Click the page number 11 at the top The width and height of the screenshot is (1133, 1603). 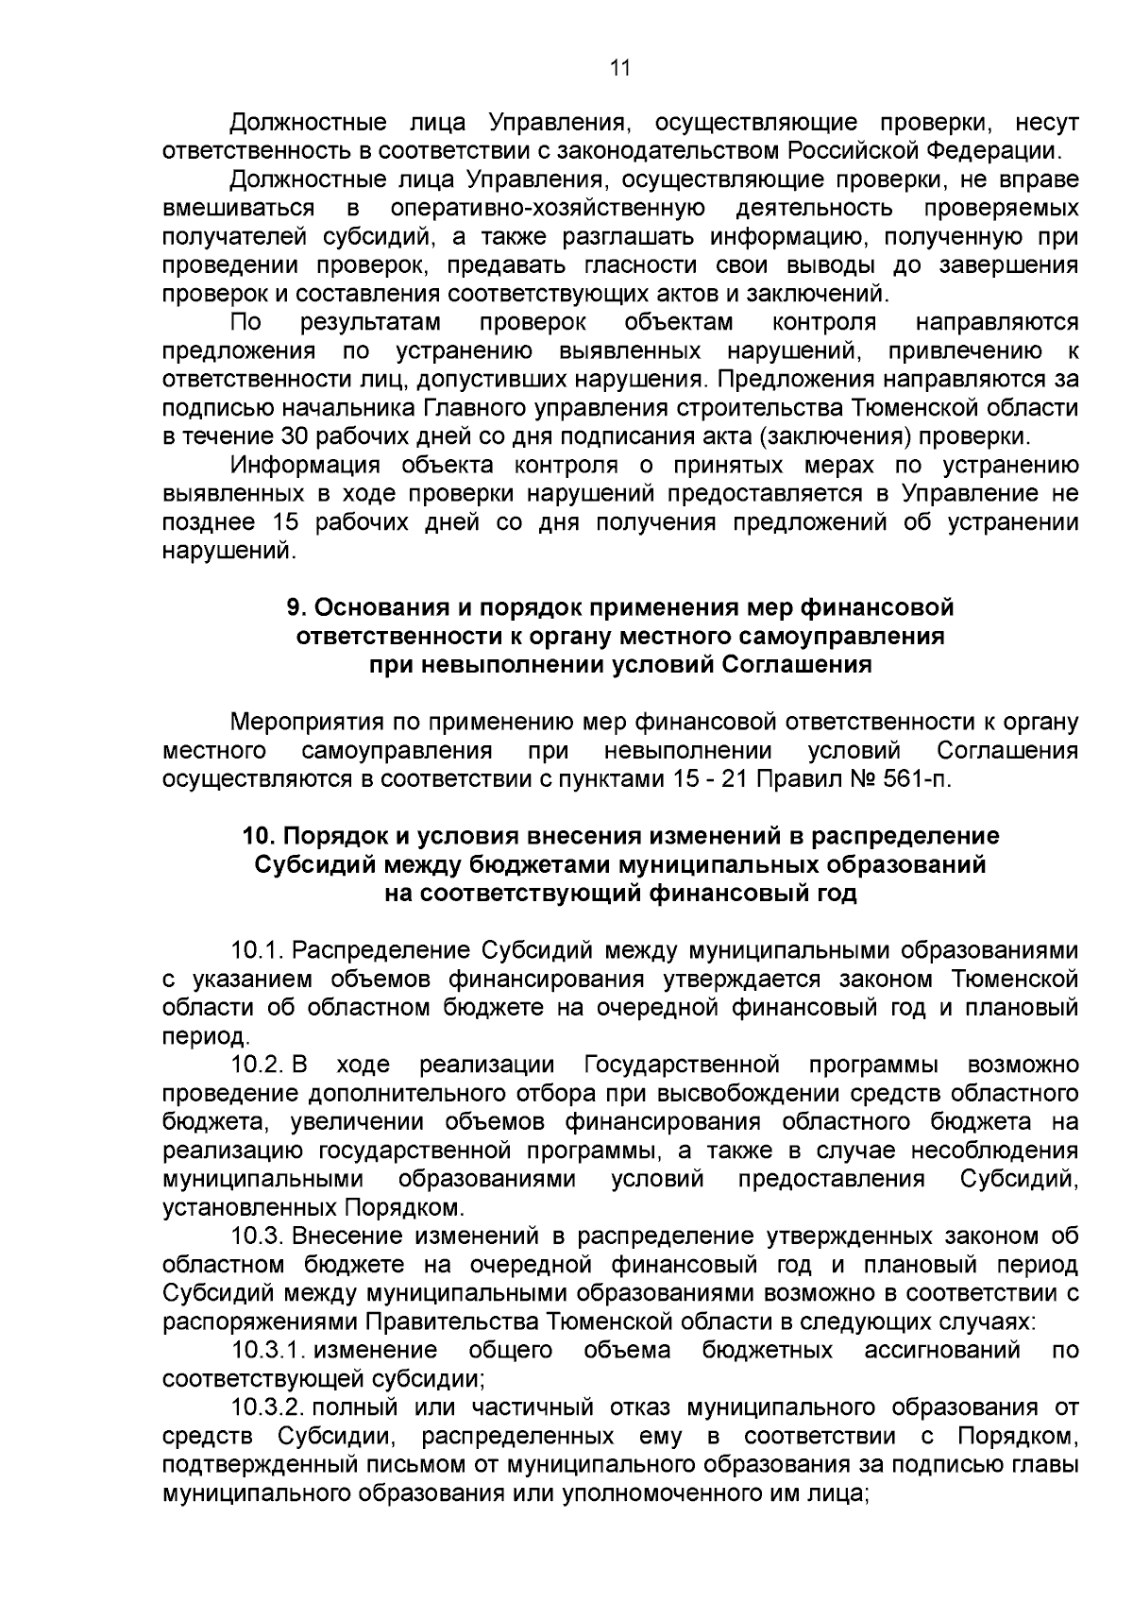click(x=619, y=68)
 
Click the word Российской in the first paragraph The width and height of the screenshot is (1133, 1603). click(x=854, y=150)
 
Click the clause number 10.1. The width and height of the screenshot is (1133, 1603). click(x=256, y=950)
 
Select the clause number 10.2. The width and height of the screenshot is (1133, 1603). click(x=256, y=1066)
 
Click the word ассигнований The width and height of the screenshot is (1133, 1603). click(x=942, y=1350)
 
